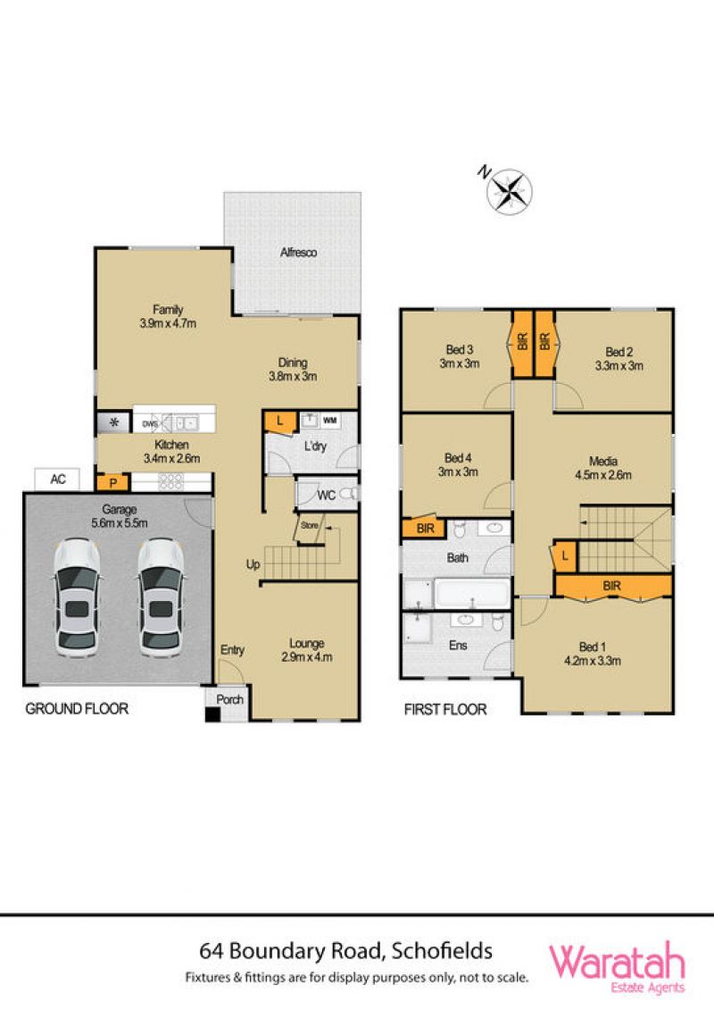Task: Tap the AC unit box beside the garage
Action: tap(57, 480)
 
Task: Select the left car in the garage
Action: tap(77, 597)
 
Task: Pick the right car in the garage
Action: tap(161, 597)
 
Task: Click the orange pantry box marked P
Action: tap(113, 482)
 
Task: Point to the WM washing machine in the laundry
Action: tap(330, 421)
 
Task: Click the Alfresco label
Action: tap(298, 253)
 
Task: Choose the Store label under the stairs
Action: tap(310, 525)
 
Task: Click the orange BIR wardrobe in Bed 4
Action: tap(424, 528)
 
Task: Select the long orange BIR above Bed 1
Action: tap(613, 586)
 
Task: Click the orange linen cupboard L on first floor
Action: tap(565, 555)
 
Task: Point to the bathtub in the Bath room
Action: tap(472, 593)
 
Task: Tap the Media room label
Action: tap(603, 461)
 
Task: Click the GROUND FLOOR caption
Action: tap(77, 708)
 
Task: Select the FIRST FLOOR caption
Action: tap(444, 709)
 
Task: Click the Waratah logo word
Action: tap(616, 962)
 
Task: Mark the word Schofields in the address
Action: tap(443, 951)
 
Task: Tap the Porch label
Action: tap(230, 699)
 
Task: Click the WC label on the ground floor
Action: tap(327, 496)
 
